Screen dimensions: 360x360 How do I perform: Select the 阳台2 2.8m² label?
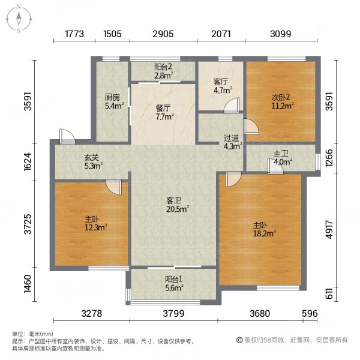coord(163,71)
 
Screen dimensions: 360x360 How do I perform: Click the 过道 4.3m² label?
coord(232,142)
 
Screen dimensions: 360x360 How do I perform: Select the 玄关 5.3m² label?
coord(93,161)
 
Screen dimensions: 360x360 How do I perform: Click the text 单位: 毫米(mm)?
coord(33,334)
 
